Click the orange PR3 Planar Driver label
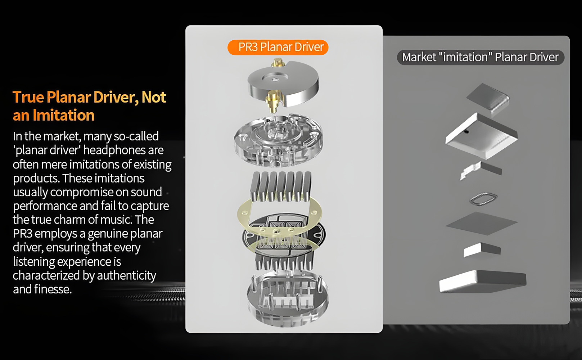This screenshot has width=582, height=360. (278, 47)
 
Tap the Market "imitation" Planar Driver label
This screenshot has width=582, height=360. (481, 57)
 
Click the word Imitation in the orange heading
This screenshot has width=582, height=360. (64, 115)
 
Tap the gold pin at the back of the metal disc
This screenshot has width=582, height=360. (278, 63)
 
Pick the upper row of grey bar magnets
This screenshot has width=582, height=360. (281, 186)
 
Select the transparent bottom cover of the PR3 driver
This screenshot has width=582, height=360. (288, 299)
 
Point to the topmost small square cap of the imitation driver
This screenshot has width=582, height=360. (488, 99)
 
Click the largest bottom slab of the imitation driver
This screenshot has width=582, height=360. (483, 282)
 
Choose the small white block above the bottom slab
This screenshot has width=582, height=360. (482, 250)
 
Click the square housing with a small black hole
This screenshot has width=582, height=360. (482, 136)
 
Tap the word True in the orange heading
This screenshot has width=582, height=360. (28, 97)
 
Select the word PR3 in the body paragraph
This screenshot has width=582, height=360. (22, 233)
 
